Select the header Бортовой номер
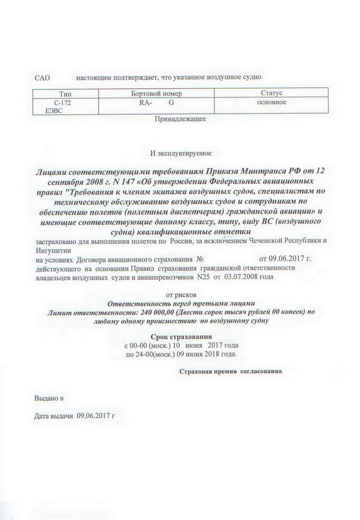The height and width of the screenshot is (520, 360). tap(156, 93)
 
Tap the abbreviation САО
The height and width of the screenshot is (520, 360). tap(42, 77)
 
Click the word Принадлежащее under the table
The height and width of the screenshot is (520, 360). tap(180, 119)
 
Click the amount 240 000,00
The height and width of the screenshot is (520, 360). tap(155, 312)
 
